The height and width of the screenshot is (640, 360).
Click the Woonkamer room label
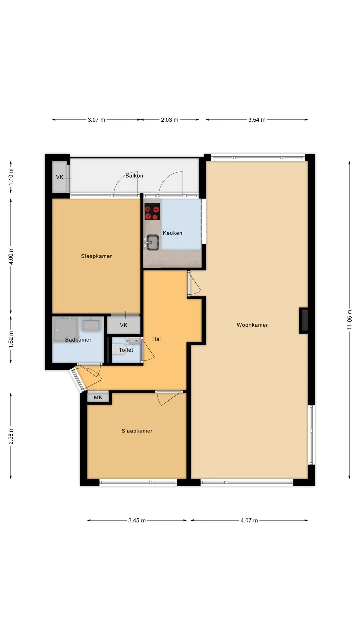(252, 325)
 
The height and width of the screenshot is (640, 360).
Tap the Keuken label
(172, 233)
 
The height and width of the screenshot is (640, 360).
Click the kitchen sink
(152, 242)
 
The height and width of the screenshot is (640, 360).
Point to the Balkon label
(134, 176)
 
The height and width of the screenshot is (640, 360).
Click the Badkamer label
(78, 340)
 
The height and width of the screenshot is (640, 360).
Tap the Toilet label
(126, 350)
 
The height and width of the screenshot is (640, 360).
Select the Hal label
(156, 339)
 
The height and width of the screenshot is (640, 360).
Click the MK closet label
(98, 397)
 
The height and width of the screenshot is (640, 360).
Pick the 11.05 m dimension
(349, 320)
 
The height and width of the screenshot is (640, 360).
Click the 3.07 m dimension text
(96, 120)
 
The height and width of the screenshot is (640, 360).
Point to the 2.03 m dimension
(169, 120)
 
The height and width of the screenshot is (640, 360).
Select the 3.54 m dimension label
(257, 120)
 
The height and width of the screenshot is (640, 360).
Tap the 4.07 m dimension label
(249, 520)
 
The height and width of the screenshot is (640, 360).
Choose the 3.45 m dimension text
(137, 520)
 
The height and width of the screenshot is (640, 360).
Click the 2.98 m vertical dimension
(11, 436)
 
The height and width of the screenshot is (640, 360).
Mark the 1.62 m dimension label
(11, 340)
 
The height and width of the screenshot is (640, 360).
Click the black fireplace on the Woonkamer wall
(303, 320)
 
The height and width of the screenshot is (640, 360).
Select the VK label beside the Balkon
(60, 177)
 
